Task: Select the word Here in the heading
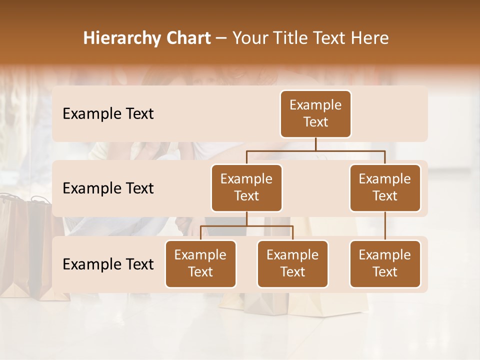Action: [369, 38]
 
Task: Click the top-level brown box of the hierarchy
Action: [315, 114]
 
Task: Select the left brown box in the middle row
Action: [246, 188]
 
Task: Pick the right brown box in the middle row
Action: [385, 188]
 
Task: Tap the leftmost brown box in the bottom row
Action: [200, 264]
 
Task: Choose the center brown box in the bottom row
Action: [292, 264]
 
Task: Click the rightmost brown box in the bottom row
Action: [385, 264]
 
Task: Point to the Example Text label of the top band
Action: [108, 114]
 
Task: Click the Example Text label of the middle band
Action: [108, 188]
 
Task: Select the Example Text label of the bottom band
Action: [108, 264]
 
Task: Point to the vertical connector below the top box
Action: [315, 144]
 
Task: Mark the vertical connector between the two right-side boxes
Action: [385, 226]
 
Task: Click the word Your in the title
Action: [249, 38]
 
